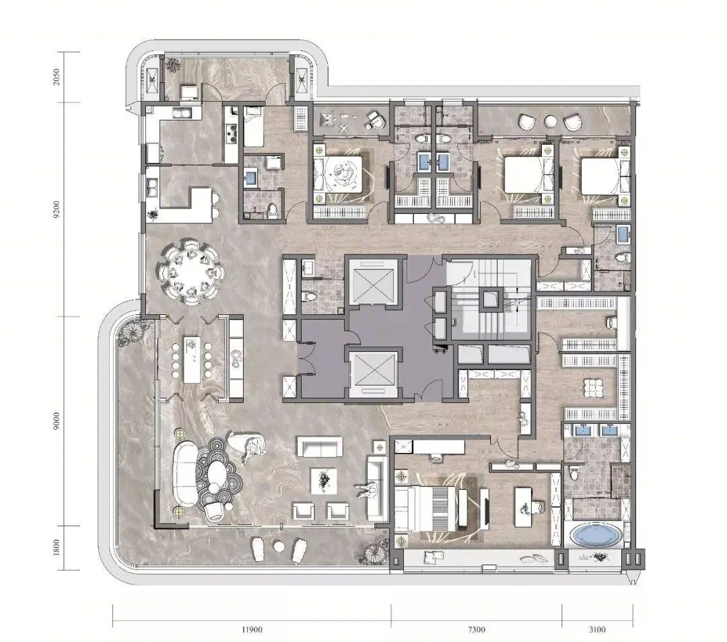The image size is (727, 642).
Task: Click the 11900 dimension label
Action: click(252, 629)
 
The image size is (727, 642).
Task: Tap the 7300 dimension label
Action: click(477, 629)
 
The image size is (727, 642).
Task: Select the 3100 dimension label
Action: click(597, 629)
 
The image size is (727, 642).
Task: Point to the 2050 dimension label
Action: click(57, 77)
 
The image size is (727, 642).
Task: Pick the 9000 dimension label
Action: click(57, 421)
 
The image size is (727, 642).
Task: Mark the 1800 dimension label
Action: click(57, 548)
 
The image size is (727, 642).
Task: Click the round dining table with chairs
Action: click(191, 272)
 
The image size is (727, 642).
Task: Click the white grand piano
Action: click(247, 445)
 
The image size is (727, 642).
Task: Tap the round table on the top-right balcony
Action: click(551, 121)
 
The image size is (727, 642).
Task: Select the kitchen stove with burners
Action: click(231, 135)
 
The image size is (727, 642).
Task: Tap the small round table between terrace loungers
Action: click(279, 546)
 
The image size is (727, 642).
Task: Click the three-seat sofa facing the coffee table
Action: click(377, 488)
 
